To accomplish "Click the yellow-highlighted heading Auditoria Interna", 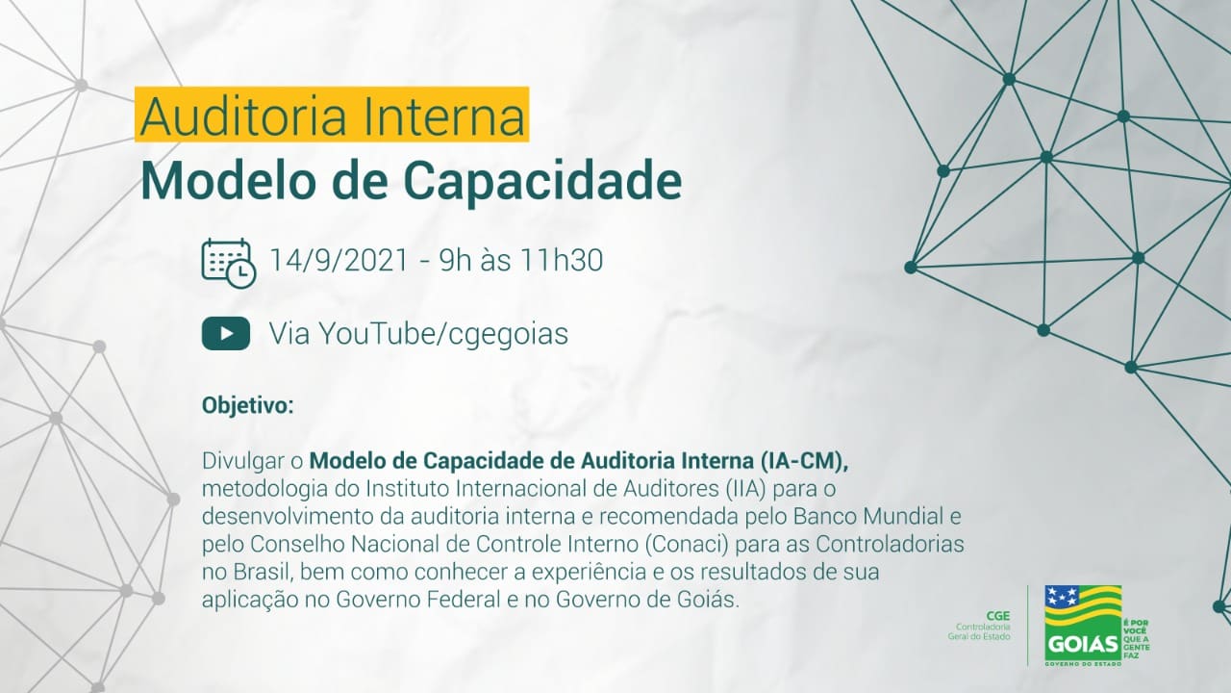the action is click(x=332, y=115).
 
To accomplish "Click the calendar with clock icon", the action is click(x=229, y=263).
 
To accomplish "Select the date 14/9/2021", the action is click(x=339, y=260).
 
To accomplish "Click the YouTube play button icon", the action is click(x=226, y=333).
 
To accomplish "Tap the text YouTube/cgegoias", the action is click(x=443, y=334).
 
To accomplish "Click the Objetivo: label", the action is click(x=248, y=405).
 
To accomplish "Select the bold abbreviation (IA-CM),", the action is click(x=805, y=461).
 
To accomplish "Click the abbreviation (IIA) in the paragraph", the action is click(x=744, y=489).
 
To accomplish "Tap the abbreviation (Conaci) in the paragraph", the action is click(x=687, y=544).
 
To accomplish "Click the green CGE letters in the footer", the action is click(x=998, y=616).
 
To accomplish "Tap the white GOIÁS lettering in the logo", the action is click(x=1082, y=644).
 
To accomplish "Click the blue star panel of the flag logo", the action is click(x=1063, y=596).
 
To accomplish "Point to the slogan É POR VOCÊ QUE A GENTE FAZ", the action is click(x=1137, y=639).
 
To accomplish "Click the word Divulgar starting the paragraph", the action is click(x=244, y=461).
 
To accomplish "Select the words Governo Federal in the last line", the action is click(x=418, y=600).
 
